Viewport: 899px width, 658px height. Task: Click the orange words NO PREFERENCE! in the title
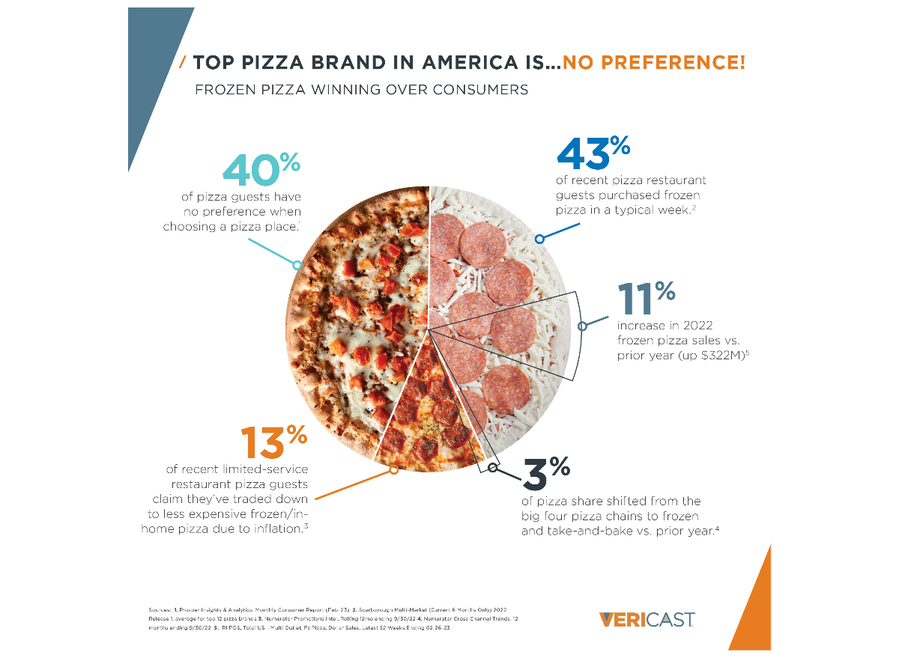point(654,62)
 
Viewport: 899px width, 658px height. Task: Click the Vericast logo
point(647,619)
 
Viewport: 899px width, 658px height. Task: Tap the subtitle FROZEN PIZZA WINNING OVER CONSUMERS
point(361,90)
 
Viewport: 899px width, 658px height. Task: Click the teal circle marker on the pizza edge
point(297,265)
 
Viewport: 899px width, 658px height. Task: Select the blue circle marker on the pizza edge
point(539,239)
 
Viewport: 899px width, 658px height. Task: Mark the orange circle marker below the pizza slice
point(393,470)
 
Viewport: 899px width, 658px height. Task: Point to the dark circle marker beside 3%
point(493,468)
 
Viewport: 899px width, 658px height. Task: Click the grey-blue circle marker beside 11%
point(583,326)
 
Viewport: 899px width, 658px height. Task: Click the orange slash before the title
point(183,62)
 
